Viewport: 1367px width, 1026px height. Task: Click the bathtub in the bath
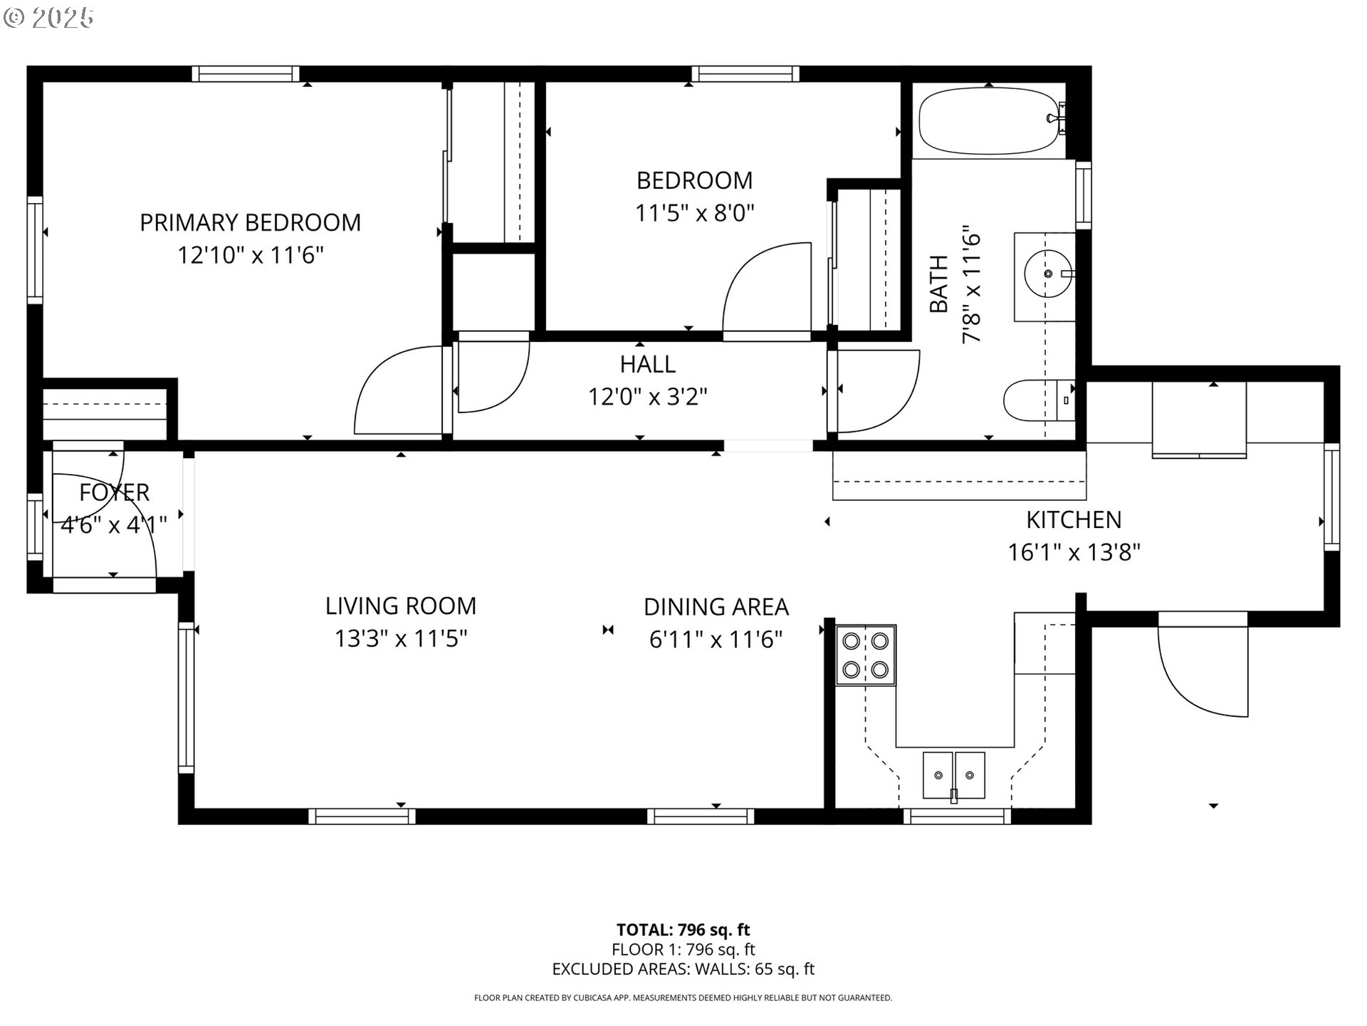click(x=991, y=120)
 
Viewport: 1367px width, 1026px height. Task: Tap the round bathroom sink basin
click(x=1048, y=274)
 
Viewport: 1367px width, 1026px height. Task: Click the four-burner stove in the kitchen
click(x=865, y=655)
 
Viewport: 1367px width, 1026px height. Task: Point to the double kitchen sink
click(x=954, y=774)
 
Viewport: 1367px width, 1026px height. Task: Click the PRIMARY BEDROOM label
click(x=250, y=222)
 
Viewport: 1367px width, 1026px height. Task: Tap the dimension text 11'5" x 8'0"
click(x=694, y=212)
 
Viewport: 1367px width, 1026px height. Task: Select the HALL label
click(x=647, y=364)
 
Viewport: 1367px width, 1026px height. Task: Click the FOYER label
click(x=114, y=492)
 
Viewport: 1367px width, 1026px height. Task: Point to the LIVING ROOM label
click(x=401, y=606)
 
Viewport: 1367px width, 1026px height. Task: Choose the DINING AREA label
click(x=716, y=607)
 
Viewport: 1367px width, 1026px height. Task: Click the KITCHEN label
click(x=1074, y=520)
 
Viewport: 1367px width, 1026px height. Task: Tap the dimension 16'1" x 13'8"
click(x=1074, y=552)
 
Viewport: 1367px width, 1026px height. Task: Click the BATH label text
click(x=939, y=284)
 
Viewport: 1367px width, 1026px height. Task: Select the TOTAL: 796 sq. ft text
click(x=683, y=929)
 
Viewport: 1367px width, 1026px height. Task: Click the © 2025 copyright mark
click(x=48, y=18)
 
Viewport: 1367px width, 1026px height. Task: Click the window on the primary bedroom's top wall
click(x=246, y=73)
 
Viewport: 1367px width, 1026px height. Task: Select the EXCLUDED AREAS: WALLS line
click(x=683, y=969)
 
